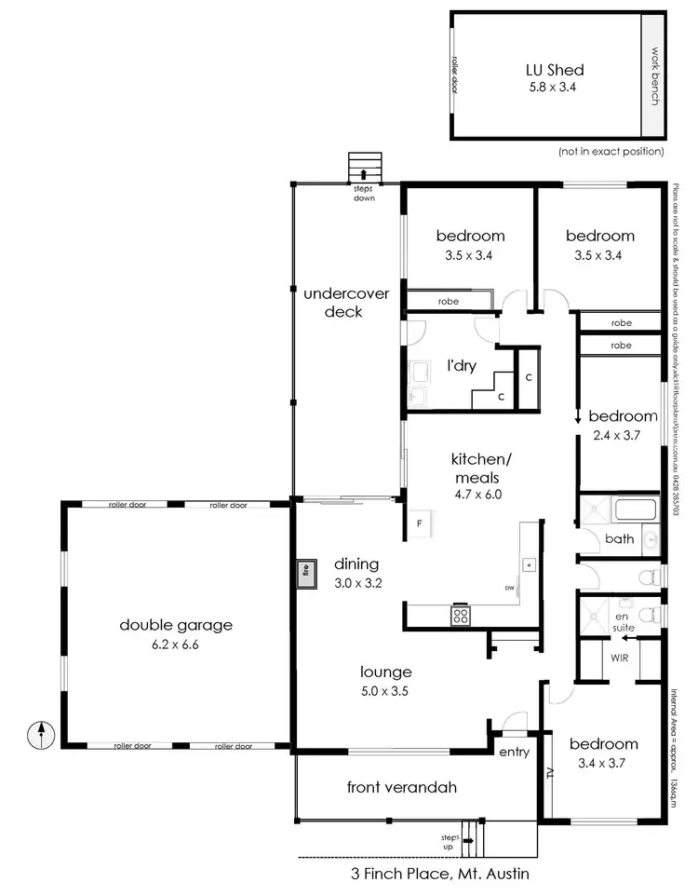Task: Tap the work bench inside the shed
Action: tap(654, 75)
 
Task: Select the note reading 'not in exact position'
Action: tap(611, 151)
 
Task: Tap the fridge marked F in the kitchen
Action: tap(419, 523)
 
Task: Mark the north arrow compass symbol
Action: tap(41, 735)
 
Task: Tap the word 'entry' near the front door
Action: tap(513, 753)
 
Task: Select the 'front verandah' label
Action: tap(401, 787)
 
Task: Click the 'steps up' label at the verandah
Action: tap(449, 843)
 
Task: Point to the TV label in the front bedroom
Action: tap(551, 771)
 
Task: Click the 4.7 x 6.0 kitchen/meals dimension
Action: tap(476, 495)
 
